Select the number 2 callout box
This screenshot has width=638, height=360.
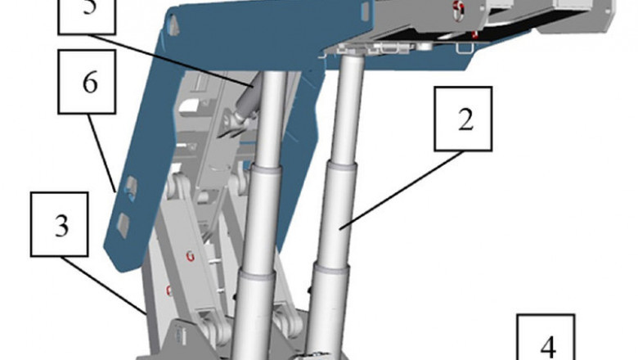click(x=465, y=119)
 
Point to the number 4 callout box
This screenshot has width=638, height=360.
click(x=546, y=340)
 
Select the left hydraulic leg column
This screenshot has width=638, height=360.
click(x=262, y=221)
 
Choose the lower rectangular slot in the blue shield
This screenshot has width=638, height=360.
click(x=122, y=222)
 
